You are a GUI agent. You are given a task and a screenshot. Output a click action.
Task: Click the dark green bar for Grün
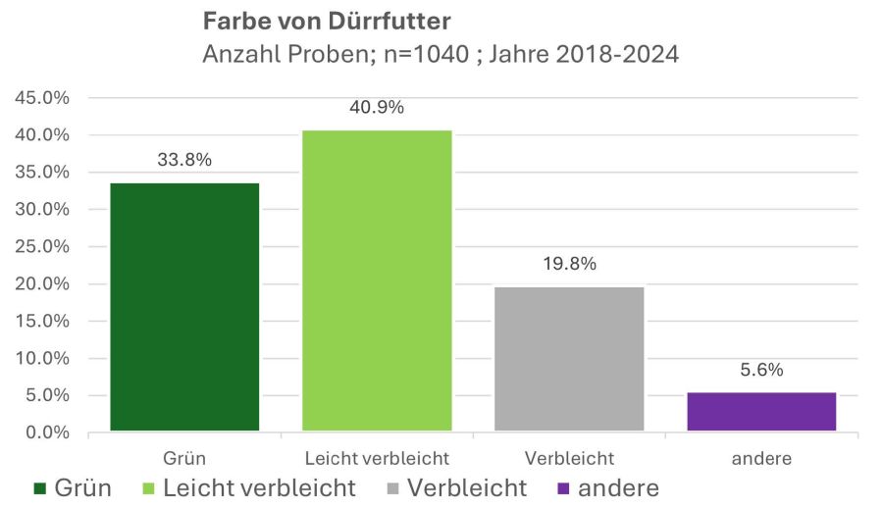tap(184, 307)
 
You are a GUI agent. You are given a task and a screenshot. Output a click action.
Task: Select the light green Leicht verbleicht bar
tap(377, 280)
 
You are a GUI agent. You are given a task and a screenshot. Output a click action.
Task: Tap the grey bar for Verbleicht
tap(569, 359)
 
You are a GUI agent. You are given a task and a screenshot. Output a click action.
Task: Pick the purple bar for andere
tap(761, 412)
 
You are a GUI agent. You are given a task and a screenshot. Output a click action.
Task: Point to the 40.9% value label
tap(377, 108)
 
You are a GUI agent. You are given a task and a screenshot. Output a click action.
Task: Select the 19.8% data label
tap(569, 265)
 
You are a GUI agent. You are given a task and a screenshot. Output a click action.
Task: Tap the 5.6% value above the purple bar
tap(761, 371)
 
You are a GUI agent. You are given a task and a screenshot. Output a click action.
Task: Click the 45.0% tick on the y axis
tap(41, 98)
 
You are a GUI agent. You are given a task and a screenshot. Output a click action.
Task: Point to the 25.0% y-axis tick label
tap(41, 247)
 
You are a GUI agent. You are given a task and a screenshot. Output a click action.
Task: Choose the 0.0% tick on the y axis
tap(45, 433)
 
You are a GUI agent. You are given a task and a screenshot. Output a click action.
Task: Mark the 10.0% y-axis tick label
tap(41, 359)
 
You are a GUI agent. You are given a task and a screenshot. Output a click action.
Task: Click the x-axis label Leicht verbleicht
tap(377, 458)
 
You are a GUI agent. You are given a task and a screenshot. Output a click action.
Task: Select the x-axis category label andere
tap(761, 458)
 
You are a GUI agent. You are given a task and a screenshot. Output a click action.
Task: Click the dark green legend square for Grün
tap(40, 488)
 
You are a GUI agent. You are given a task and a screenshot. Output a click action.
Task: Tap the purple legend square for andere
tap(564, 488)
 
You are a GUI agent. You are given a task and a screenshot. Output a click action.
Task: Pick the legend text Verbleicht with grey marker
tap(467, 487)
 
